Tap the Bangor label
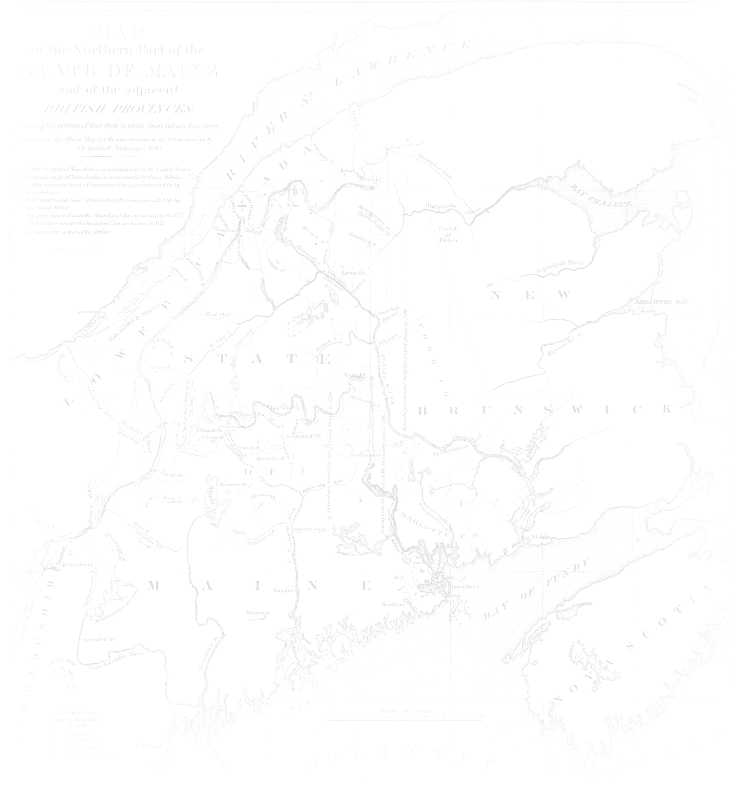click(283, 590)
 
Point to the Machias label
click(393, 604)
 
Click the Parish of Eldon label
click(448, 234)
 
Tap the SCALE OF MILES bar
click(405, 719)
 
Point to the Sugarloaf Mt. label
click(304, 436)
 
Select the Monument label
click(365, 455)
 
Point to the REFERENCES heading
click(75, 712)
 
